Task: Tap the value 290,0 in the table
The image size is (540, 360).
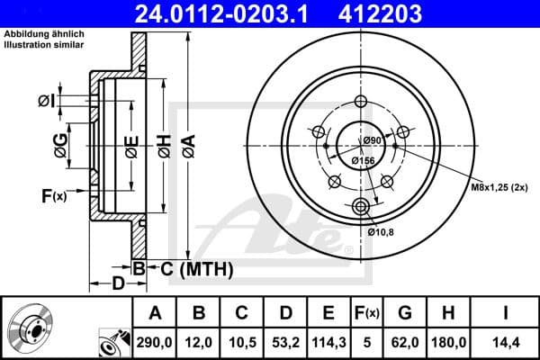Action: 155,343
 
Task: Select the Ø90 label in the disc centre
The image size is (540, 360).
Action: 373,141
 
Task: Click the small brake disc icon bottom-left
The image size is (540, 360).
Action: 27,328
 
